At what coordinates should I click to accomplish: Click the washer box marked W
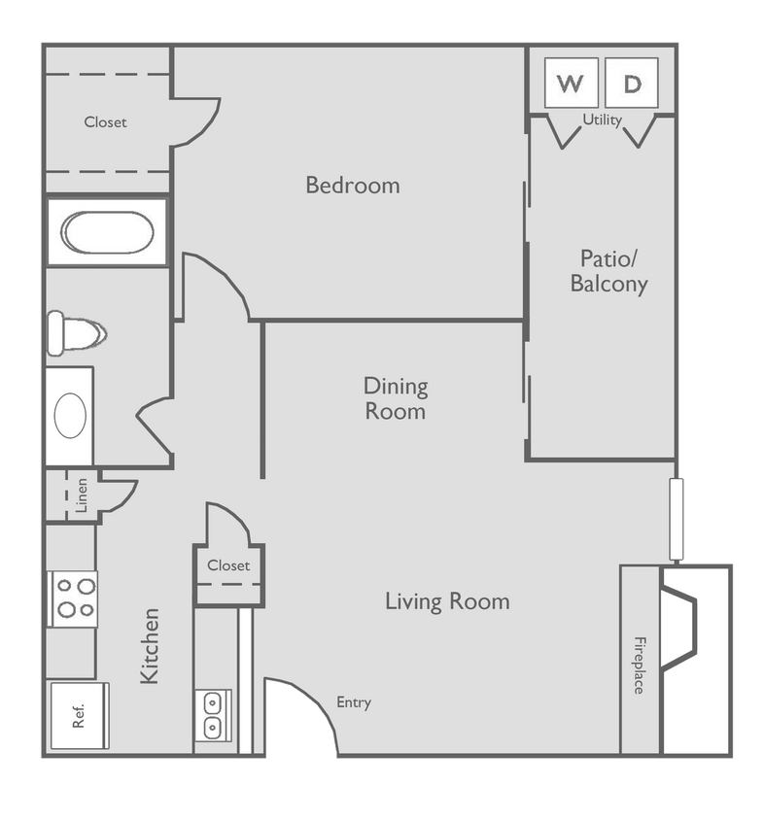571,84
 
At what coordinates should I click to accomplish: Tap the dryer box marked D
632,84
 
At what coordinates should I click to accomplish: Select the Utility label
602,120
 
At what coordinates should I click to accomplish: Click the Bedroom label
353,185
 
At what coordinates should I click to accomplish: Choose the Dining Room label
396,398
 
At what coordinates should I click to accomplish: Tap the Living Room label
447,601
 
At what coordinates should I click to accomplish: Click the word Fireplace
640,665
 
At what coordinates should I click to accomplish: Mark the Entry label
354,702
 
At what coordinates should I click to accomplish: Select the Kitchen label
150,646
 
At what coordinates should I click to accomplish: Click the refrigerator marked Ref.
79,715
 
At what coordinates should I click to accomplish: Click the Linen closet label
82,495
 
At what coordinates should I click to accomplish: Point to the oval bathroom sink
70,416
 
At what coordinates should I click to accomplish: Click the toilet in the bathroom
74,333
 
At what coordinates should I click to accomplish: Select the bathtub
107,233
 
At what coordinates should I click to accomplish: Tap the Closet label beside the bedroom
105,122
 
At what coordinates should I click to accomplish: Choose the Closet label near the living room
228,565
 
